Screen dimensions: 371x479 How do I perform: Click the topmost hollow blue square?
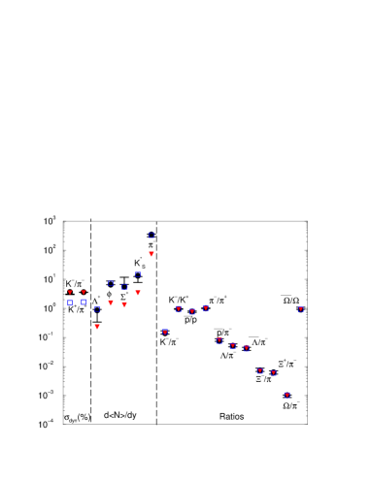(152, 236)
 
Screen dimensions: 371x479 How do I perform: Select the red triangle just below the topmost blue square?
(152, 254)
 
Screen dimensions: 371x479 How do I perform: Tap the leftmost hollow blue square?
(70, 303)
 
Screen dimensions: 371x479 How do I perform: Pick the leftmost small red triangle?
(70, 292)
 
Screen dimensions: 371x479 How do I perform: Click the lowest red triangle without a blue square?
(97, 327)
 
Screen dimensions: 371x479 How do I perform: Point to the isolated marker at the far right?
(301, 309)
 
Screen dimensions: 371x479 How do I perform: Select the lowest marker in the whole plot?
(287, 396)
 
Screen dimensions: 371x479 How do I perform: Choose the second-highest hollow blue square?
(138, 274)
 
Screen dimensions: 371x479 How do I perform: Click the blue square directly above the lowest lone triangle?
(97, 308)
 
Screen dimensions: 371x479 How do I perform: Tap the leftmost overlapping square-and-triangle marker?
(165, 333)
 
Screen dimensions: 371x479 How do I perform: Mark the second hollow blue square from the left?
(84, 303)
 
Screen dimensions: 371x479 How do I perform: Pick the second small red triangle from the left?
(84, 292)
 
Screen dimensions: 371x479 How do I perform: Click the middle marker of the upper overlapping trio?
(192, 312)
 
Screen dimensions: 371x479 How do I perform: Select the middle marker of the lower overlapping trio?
(233, 345)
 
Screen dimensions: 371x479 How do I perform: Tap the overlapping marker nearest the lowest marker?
(274, 373)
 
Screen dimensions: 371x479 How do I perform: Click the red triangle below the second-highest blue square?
(138, 293)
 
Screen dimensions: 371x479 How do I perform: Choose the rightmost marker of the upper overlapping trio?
(206, 308)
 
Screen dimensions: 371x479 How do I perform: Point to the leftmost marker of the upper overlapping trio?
(179, 309)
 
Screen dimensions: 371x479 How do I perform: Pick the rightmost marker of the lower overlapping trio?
(247, 348)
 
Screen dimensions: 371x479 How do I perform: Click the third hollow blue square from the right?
(124, 287)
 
